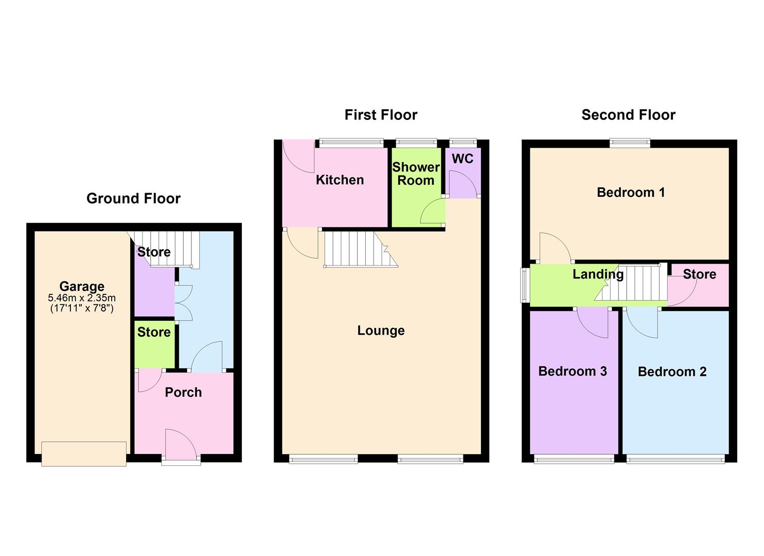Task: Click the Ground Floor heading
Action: [x=133, y=199]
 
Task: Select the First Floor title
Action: [x=381, y=115]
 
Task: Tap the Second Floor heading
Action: [x=628, y=115]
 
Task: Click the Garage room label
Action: [x=82, y=286]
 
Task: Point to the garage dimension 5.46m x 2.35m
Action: [x=82, y=298]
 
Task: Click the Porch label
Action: [x=183, y=392]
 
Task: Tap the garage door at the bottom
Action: [x=84, y=454]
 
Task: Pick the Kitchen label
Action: [x=340, y=180]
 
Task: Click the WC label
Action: [x=463, y=159]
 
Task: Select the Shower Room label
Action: [x=416, y=173]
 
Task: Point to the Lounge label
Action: [x=381, y=331]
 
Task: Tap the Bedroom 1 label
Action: [x=631, y=193]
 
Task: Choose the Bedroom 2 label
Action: [x=672, y=372]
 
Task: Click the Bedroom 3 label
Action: [x=573, y=371]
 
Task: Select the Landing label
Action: [x=598, y=274]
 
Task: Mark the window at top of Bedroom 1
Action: [x=630, y=143]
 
